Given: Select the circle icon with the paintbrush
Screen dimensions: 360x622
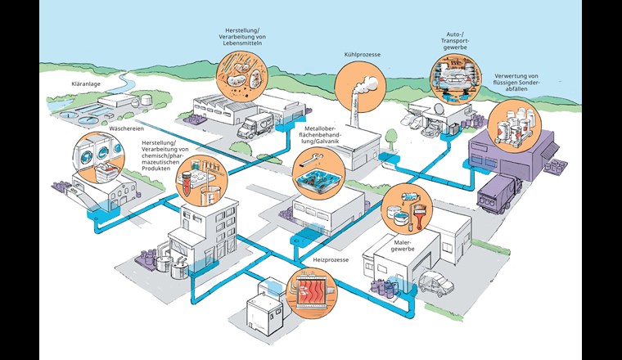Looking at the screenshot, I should click(407, 207).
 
